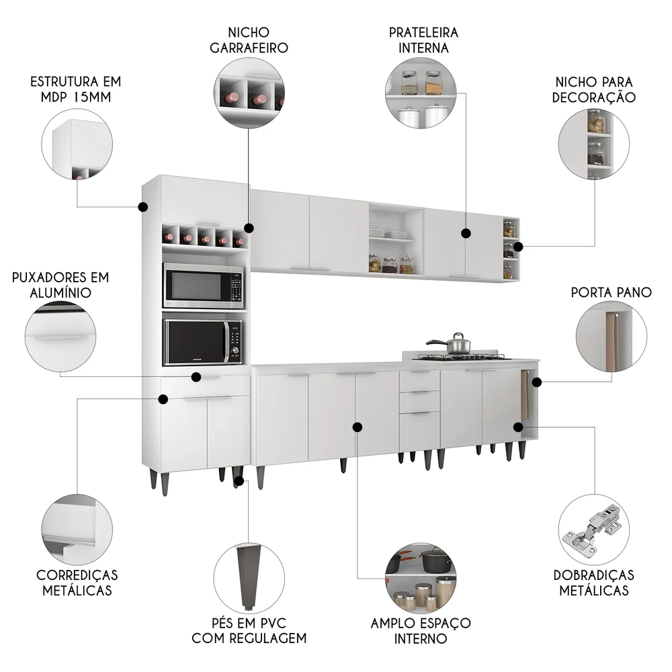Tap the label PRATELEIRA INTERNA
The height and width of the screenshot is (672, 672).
pyautogui.click(x=423, y=40)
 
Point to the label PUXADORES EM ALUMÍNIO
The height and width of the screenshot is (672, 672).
pyautogui.click(x=60, y=285)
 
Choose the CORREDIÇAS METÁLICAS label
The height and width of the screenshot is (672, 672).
pyautogui.click(x=77, y=583)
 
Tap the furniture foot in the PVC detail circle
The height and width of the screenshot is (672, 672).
pyautogui.click(x=249, y=571)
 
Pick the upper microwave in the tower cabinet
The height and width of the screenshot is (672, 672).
pyautogui.click(x=203, y=286)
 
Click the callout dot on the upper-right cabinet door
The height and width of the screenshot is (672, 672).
pyautogui.click(x=466, y=233)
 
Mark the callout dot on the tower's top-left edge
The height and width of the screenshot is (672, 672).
pyautogui.click(x=142, y=206)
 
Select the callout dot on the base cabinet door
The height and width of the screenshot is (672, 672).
pyautogui.click(x=358, y=427)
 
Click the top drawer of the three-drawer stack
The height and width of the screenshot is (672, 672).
pyautogui.click(x=419, y=380)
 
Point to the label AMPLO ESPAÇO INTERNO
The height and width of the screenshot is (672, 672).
pyautogui.click(x=421, y=630)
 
